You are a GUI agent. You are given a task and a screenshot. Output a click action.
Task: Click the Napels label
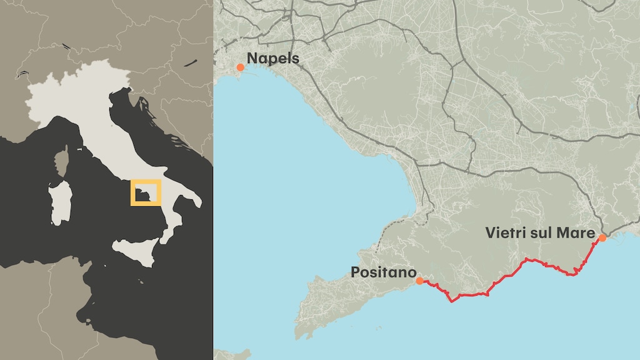tap(273, 59)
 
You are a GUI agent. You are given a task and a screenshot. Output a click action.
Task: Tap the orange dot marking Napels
tap(240, 67)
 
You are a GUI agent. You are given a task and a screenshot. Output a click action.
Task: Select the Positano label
tap(383, 272)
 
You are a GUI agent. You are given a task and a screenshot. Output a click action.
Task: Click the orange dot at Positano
tap(419, 281)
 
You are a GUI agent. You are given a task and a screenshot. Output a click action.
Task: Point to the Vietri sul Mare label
tap(539, 233)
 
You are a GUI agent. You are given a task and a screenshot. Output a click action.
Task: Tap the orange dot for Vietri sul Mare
tap(602, 238)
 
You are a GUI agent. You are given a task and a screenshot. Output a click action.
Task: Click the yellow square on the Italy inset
tap(146, 192)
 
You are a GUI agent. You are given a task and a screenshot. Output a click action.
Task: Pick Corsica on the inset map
tap(62, 162)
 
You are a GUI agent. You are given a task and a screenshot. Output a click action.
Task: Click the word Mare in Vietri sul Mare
tap(577, 233)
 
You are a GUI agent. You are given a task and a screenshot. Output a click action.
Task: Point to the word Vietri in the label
tap(504, 233)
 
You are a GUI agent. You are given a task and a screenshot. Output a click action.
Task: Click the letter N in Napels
tap(252, 59)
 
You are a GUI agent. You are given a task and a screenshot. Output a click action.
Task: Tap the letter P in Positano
tap(355, 272)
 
